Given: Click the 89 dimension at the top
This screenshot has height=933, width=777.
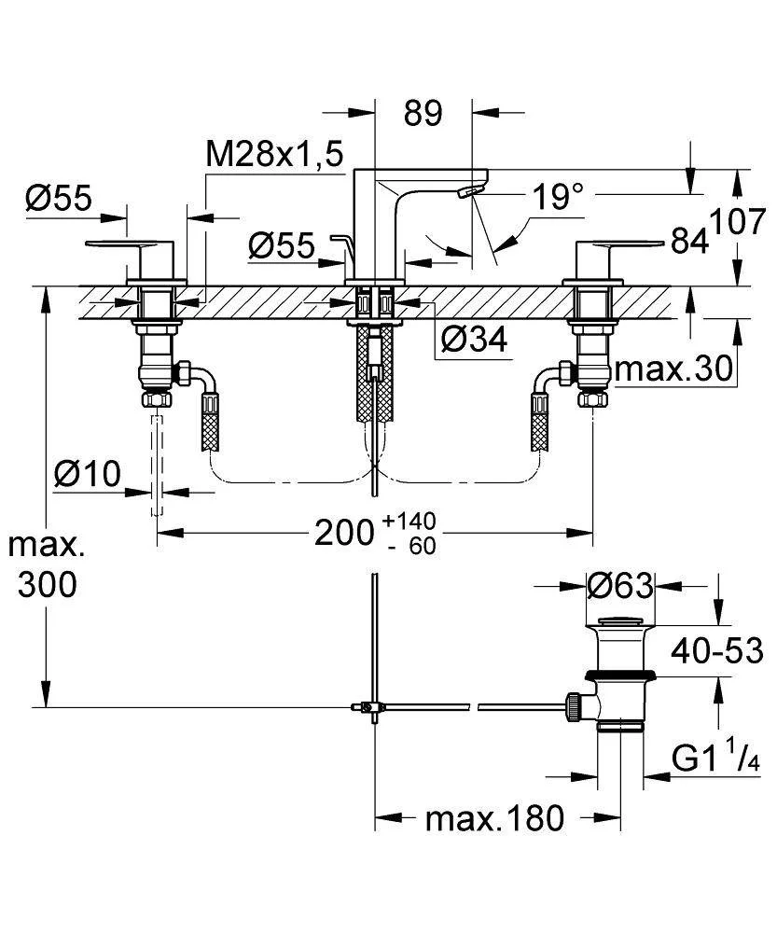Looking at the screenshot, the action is (x=423, y=113).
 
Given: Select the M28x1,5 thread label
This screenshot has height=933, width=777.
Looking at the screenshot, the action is (x=274, y=155).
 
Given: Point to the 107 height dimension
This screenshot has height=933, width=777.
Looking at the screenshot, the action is (x=738, y=222).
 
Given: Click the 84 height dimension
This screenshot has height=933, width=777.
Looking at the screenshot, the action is (x=689, y=241).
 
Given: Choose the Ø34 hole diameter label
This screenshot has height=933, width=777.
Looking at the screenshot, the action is (x=475, y=340).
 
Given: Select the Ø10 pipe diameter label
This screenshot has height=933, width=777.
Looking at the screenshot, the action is (x=88, y=474).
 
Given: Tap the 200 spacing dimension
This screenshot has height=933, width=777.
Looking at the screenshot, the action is (x=344, y=532).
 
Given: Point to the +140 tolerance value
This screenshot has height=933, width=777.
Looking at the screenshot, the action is (x=409, y=521).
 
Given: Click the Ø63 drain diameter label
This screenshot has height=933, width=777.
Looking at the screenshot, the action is (x=620, y=586).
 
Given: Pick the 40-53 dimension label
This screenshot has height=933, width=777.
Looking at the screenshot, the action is (x=717, y=650).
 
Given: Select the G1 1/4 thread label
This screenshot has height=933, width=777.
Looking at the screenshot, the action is (x=716, y=758).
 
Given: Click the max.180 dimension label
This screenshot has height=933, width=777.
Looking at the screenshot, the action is (x=494, y=819).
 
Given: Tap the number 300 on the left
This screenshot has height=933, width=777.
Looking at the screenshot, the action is (x=47, y=584).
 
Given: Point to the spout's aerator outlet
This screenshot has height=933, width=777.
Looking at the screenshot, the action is (x=469, y=191).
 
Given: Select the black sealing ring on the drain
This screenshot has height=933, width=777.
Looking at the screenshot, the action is (x=620, y=675).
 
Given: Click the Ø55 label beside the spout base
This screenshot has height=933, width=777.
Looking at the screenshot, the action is (x=282, y=245).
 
